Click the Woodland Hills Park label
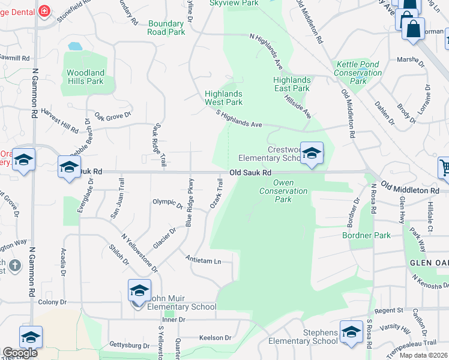point(85,77)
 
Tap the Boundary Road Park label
point(166,28)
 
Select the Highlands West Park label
point(224,98)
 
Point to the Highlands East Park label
point(292,84)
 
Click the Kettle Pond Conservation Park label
point(358,73)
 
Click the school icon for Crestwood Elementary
point(312,154)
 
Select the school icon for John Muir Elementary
point(139,292)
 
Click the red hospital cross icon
point(44,11)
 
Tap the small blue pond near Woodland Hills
point(75,46)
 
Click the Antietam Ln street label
point(203,261)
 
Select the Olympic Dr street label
point(167,203)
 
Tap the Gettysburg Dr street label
point(130,345)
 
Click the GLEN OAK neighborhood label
point(429,263)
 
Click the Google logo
point(20,353)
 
